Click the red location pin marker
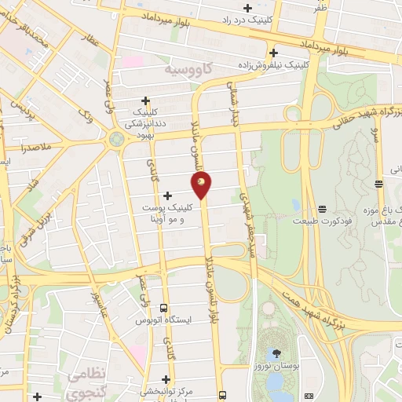202,185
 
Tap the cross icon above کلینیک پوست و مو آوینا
166,195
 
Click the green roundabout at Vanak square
116,140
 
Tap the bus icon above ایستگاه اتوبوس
164,307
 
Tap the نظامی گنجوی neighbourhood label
87,382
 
